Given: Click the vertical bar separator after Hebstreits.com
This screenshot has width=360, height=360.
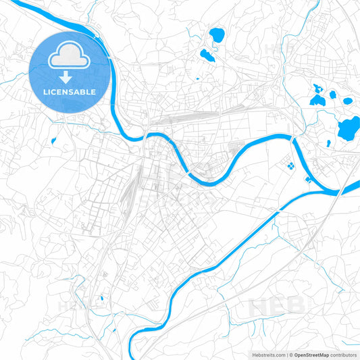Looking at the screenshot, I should [x=286, y=354].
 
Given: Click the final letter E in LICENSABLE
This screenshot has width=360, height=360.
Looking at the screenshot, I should [x=93, y=91].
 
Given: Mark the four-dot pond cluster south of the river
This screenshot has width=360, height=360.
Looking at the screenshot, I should [x=290, y=164].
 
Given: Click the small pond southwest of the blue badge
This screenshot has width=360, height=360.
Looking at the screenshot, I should [x=53, y=141].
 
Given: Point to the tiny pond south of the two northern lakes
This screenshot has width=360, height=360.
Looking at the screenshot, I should [x=197, y=78].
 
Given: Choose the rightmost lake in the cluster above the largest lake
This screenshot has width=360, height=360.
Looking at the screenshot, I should [x=347, y=101].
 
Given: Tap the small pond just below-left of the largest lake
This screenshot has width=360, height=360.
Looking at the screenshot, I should [x=328, y=143].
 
